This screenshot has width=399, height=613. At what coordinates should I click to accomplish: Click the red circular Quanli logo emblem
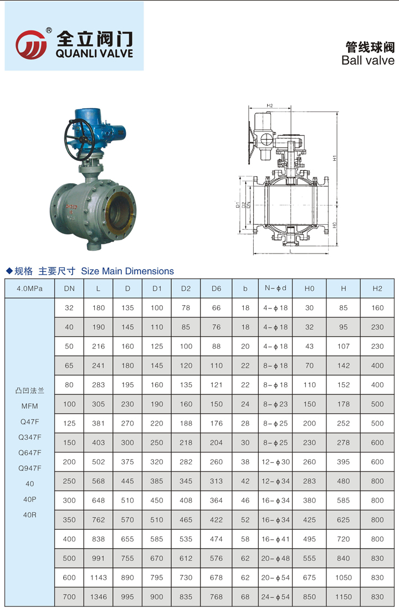click(x=31, y=45)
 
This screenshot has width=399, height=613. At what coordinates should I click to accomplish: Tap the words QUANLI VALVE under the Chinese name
click(x=94, y=54)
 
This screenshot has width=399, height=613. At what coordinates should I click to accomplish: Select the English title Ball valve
click(x=368, y=60)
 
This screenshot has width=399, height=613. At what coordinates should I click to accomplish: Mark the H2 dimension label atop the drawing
click(x=270, y=105)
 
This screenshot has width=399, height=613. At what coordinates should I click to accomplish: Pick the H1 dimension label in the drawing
click(x=335, y=158)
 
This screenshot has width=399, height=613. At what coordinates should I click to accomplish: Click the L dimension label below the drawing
click(x=290, y=251)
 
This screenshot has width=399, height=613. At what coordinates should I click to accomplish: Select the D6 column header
click(x=216, y=288)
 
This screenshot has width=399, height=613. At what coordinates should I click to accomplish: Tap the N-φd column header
click(x=275, y=288)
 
